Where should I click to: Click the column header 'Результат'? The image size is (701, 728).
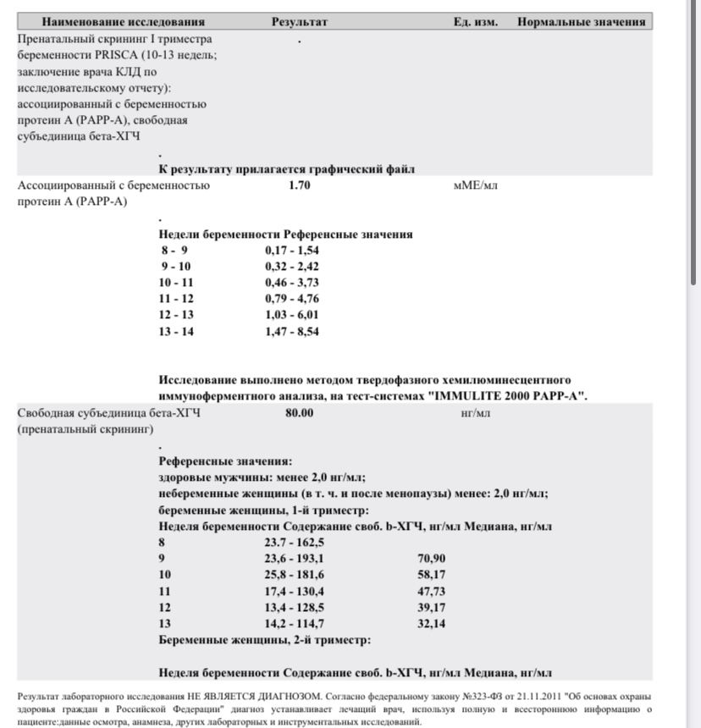299,22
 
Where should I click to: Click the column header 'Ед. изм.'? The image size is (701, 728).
475,22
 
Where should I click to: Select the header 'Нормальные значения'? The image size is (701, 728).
581,22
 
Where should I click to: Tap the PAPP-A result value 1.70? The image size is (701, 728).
300,185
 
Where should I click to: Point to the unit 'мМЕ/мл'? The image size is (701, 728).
476,185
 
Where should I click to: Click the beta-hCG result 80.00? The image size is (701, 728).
300,414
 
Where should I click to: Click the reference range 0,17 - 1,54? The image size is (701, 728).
291,251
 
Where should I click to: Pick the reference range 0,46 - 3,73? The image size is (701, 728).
291,283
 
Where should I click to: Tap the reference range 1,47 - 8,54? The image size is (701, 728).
291,332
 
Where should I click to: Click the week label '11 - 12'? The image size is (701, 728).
176,299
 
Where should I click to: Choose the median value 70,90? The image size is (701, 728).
431,559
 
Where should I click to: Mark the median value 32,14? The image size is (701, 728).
431,624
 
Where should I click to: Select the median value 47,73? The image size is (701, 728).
431,591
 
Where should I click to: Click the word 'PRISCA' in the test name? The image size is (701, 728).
128,55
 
